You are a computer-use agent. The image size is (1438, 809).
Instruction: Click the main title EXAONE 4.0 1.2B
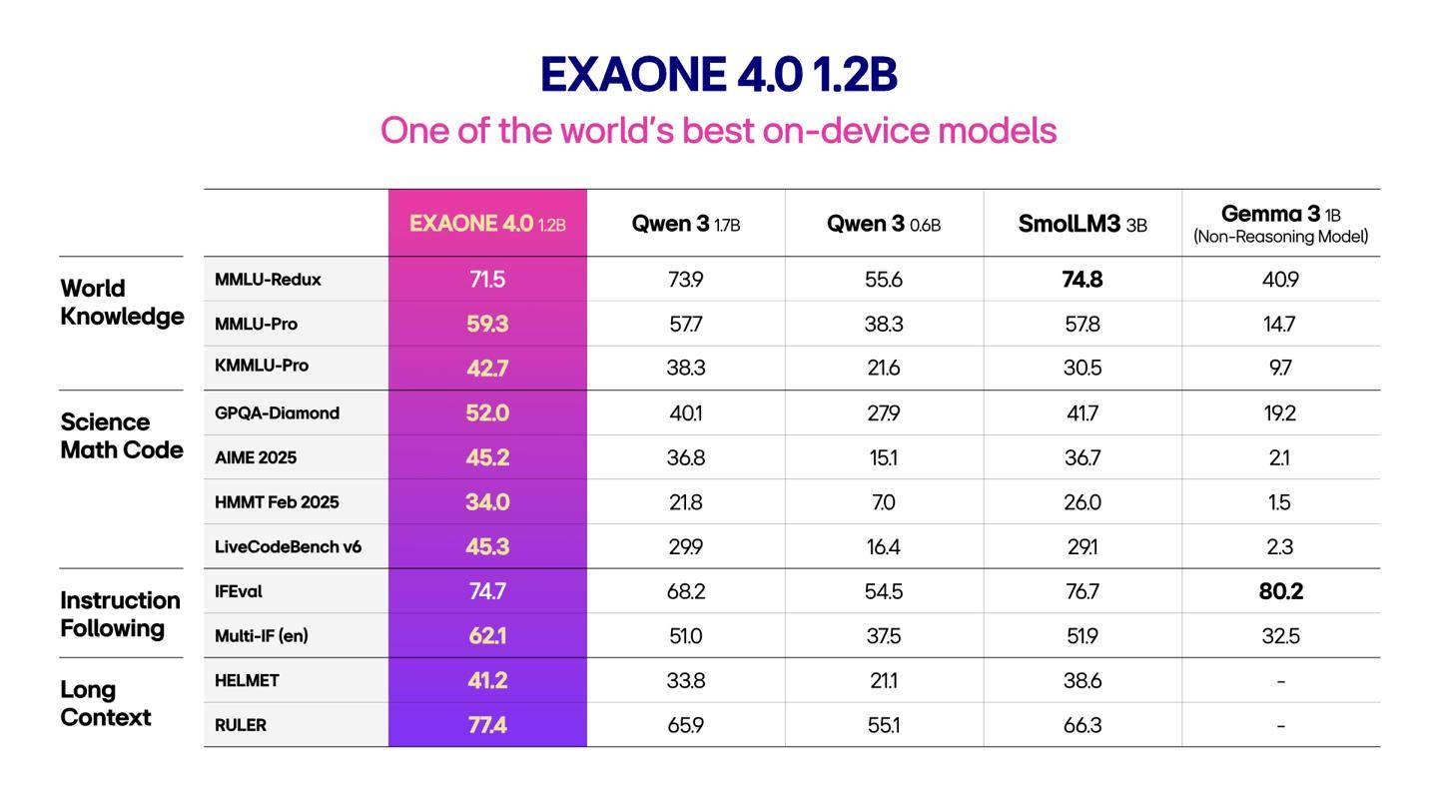click(x=718, y=75)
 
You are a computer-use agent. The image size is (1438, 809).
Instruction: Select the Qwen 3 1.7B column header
click(x=686, y=224)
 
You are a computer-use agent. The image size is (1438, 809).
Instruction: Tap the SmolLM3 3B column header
click(x=1082, y=224)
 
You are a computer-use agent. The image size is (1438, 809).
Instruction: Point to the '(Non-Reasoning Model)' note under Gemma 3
click(x=1280, y=237)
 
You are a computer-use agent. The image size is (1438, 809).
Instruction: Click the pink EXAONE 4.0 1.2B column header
click(x=487, y=224)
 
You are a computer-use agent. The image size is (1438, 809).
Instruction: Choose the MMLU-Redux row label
click(x=268, y=280)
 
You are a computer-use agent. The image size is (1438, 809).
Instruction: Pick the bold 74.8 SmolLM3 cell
click(x=1082, y=280)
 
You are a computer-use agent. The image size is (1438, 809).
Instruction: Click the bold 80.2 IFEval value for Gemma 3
click(x=1280, y=591)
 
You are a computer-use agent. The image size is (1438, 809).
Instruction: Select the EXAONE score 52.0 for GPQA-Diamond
click(x=487, y=412)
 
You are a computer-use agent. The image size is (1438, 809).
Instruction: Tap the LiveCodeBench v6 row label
click(x=288, y=547)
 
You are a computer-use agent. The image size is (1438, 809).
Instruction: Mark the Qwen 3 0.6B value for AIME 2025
click(x=884, y=457)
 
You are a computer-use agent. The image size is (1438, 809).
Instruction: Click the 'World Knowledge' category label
click(x=122, y=303)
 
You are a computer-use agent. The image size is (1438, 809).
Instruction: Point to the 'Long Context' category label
click(x=106, y=704)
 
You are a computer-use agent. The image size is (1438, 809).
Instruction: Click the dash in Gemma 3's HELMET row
click(x=1280, y=681)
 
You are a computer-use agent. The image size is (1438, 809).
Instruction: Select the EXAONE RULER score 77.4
click(x=487, y=725)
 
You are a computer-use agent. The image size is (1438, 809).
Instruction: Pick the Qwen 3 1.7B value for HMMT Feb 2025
click(x=686, y=502)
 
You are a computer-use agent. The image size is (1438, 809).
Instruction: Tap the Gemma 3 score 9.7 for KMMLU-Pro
click(x=1280, y=368)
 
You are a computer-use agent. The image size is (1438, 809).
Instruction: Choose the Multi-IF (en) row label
click(x=262, y=636)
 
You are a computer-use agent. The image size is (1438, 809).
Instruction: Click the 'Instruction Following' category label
click(x=120, y=614)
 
